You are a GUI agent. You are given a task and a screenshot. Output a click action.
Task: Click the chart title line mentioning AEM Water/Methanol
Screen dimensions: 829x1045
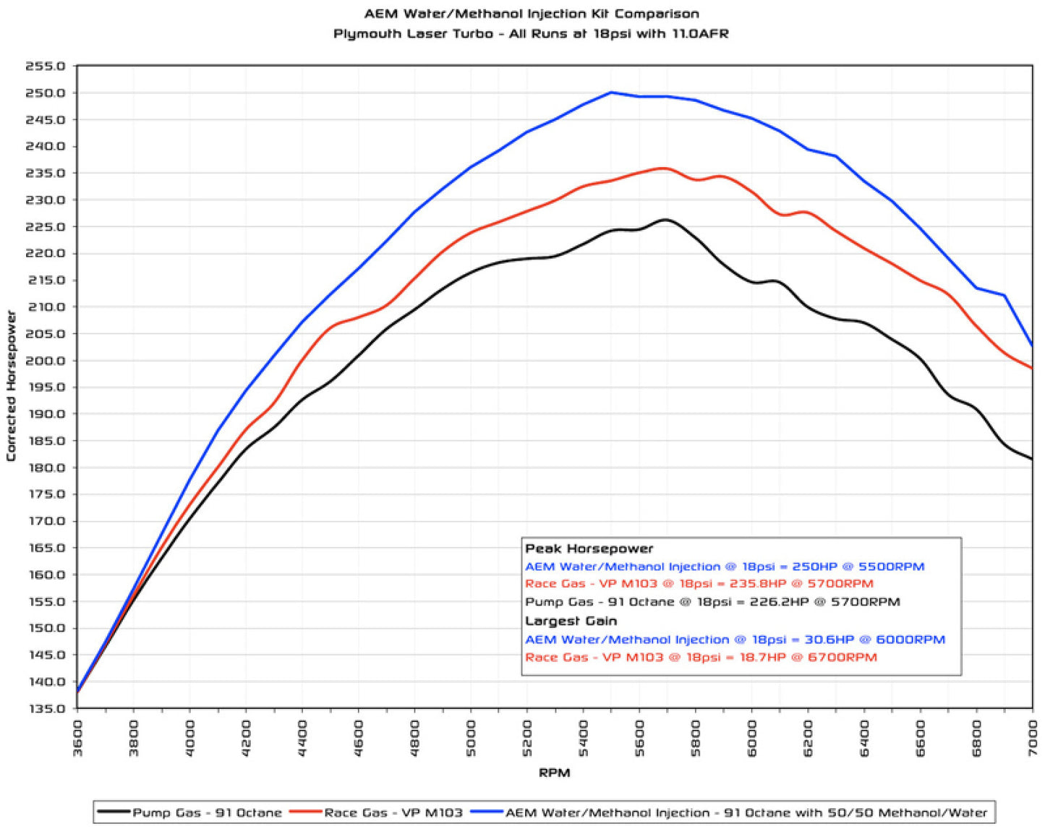pos(531,14)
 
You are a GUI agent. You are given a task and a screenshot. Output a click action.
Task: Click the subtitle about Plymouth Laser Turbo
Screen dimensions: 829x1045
pos(531,34)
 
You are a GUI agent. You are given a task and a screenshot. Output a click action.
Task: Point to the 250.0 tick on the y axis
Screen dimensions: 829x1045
pos(46,93)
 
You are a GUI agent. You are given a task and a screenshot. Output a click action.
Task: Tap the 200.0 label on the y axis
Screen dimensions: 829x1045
pos(46,361)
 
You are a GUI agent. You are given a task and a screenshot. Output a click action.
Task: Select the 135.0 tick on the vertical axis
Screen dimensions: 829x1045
pos(46,708)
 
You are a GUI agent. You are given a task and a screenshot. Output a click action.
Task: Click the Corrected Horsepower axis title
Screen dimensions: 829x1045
pos(11,386)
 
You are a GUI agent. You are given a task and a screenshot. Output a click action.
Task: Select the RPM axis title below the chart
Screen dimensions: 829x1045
pos(554,773)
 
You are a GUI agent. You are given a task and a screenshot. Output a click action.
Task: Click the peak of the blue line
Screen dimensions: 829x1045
pos(611,93)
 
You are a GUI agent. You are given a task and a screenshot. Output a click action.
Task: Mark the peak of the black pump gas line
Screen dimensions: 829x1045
pos(665,220)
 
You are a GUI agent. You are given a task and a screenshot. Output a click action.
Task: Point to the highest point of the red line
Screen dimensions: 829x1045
pos(664,168)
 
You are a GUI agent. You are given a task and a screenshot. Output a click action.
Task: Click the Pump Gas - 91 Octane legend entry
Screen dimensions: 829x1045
pos(207,812)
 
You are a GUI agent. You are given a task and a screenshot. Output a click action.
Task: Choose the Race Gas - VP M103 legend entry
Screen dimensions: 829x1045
pos(393,812)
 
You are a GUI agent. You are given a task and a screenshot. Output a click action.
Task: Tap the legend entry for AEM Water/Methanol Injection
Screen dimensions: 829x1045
pos(746,812)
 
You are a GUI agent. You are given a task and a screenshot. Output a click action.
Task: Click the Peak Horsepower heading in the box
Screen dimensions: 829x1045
pos(589,549)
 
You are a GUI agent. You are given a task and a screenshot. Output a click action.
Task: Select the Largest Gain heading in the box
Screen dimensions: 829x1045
pos(571,621)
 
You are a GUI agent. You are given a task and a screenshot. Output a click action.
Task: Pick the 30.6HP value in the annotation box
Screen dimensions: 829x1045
pos(829,640)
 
